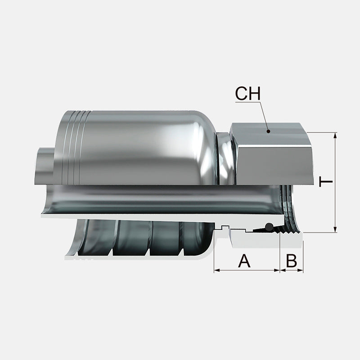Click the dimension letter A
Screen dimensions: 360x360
point(244,260)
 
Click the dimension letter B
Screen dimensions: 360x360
point(292,260)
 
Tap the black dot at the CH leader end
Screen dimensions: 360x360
point(268,131)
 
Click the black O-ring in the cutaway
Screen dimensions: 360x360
point(269,226)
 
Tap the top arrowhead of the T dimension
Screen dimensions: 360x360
point(335,135)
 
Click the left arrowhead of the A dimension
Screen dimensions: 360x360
point(216,270)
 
